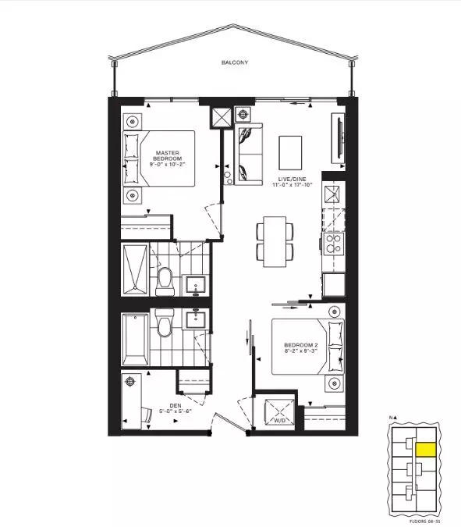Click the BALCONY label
233,62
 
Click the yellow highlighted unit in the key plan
425,449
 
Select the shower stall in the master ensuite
133,271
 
